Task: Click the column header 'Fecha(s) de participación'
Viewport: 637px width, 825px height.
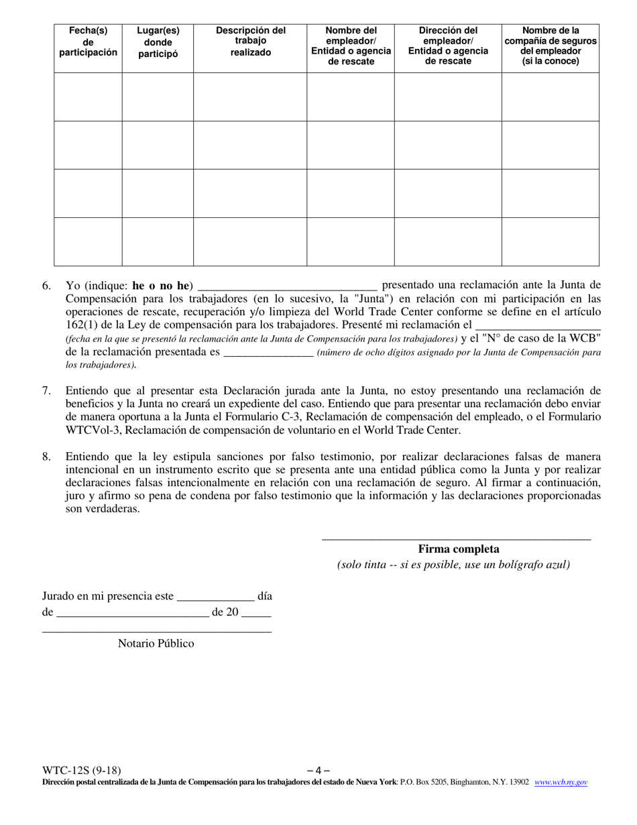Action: [88, 42]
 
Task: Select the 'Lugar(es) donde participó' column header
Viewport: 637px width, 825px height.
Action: [158, 42]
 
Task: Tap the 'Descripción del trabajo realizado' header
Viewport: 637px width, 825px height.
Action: [250, 42]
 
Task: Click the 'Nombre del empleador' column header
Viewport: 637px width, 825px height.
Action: [351, 46]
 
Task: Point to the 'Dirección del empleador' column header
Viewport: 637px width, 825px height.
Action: [448, 46]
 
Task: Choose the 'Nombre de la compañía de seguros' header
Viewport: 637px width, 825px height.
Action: [551, 46]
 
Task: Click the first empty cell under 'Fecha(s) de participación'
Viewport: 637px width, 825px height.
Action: [88, 97]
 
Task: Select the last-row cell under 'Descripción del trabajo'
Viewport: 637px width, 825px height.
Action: [250, 242]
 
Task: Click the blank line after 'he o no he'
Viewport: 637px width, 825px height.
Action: [288, 285]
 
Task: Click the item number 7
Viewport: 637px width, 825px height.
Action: [46, 390]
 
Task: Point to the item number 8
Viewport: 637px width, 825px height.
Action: [46, 456]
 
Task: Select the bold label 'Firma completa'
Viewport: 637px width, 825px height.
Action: [459, 549]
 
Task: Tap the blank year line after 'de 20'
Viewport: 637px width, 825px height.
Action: [256, 612]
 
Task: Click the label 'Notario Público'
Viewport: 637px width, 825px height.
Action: [156, 643]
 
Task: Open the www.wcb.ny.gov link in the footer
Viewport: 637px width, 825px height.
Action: [561, 782]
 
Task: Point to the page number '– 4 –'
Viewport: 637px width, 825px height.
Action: [318, 771]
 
